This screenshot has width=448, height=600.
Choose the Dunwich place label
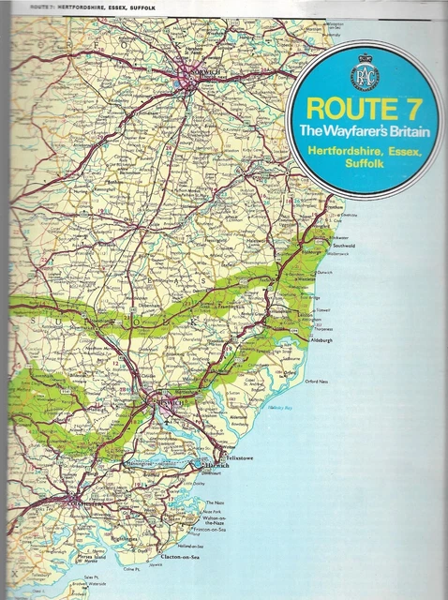click(327, 270)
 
